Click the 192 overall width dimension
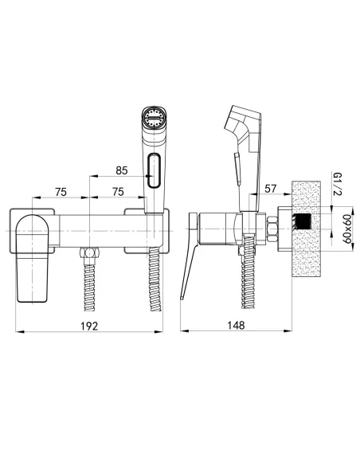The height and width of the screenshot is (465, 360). [x=89, y=326]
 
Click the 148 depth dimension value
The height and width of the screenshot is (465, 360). [x=236, y=326]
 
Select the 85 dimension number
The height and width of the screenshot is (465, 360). [x=122, y=170]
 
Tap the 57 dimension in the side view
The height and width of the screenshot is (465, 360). [x=270, y=189]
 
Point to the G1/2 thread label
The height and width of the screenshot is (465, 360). [x=338, y=184]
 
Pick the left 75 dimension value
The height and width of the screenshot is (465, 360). [x=61, y=192]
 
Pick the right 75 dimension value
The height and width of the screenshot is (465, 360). [x=118, y=192]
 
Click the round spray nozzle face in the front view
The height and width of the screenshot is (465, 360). [x=155, y=117]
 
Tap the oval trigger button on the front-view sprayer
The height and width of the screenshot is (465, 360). [x=155, y=170]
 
